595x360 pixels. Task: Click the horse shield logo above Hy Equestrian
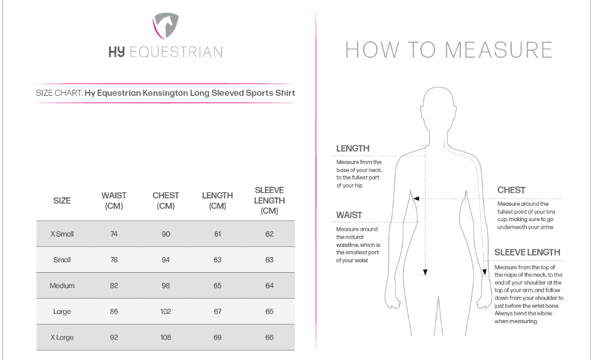pos(165,27)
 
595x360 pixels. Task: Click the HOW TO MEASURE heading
pos(448,50)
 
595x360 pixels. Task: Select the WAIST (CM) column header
pos(114,201)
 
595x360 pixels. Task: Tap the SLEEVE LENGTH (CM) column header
pos(269,201)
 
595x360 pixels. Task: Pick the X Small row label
pos(62,235)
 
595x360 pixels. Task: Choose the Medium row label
pos(62,286)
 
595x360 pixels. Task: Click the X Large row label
pos(62,337)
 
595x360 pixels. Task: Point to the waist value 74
pos(114,235)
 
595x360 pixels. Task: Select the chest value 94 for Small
pos(165,260)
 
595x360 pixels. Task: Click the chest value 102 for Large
pos(165,311)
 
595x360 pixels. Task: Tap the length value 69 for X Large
pos(217,337)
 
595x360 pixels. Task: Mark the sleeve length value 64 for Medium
pos(269,286)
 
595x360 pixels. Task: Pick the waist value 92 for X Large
pos(114,337)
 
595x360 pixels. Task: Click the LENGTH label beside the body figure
pos(353,149)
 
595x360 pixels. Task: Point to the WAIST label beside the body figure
pos(349,215)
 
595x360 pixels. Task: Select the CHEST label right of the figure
pos(511,190)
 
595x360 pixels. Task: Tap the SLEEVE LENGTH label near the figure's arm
pos(527,252)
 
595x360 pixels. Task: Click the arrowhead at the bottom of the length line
pos(425,273)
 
